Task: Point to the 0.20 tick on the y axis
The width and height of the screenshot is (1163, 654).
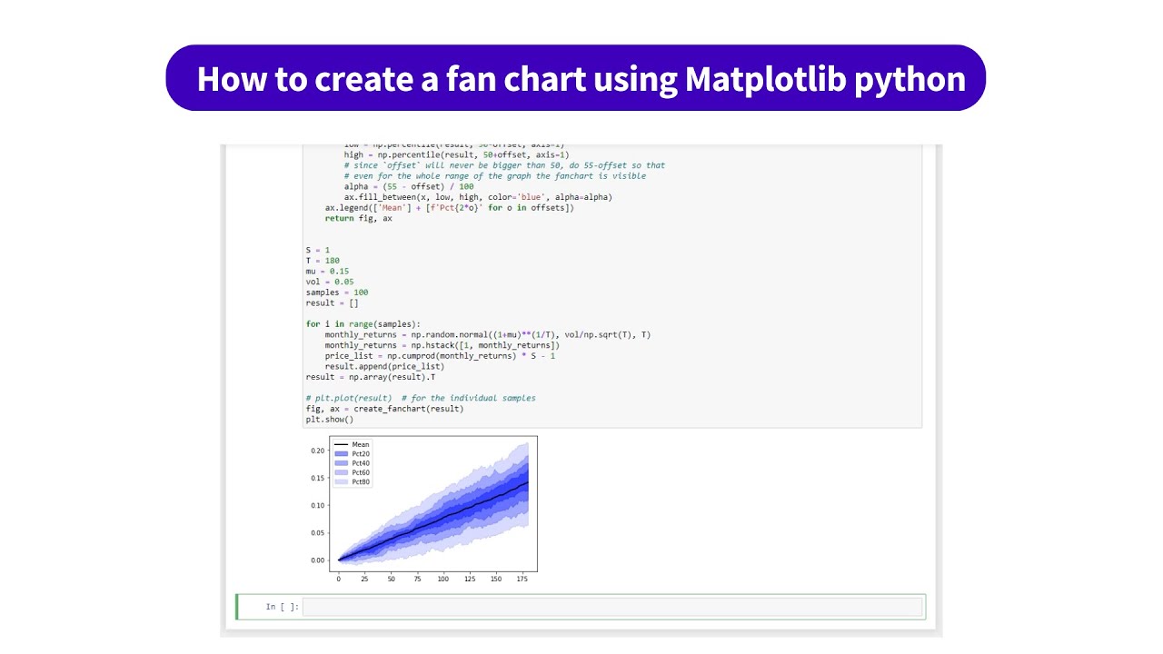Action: pos(317,451)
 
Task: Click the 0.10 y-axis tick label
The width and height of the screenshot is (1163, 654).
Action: pos(317,505)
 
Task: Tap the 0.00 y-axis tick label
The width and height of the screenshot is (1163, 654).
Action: pos(317,560)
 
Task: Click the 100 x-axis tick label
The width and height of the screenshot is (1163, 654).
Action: pos(442,579)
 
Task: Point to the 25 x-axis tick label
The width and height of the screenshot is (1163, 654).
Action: pos(364,579)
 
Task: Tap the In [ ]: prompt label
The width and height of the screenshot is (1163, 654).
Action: pos(281,607)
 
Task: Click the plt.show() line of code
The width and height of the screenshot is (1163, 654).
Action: pos(330,420)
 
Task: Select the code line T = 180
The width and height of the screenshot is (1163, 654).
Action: pos(323,261)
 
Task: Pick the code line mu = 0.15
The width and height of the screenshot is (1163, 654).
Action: pos(327,272)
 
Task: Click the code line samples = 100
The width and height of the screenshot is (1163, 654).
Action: pos(337,292)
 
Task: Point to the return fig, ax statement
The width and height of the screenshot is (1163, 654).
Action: pos(358,219)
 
